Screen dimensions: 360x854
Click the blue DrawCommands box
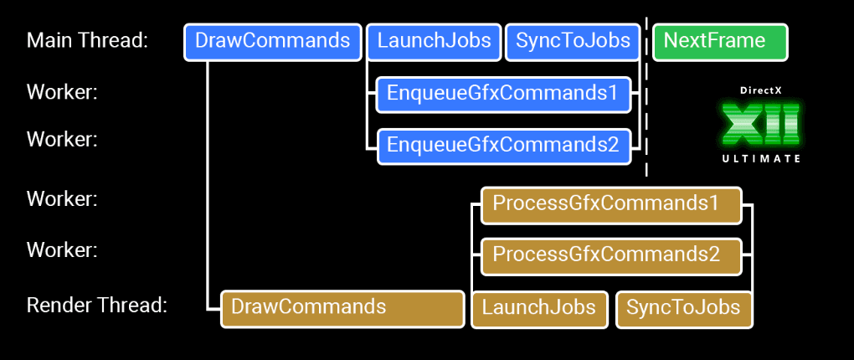[272, 42]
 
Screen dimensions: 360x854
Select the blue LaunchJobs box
[434, 42]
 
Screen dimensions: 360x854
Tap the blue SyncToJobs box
[573, 42]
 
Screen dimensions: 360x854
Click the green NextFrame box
[720, 42]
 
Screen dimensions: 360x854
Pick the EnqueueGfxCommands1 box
[502, 94]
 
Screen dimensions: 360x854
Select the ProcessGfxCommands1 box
[611, 205]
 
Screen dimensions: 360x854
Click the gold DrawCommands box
[342, 308]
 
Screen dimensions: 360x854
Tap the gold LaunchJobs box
[539, 309]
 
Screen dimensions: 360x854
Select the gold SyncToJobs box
[684, 309]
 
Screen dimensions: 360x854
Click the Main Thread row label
[87, 41]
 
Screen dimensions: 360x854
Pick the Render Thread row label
[97, 306]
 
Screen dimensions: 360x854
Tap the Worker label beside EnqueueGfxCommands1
[62, 92]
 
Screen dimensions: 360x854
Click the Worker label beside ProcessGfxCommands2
[62, 249]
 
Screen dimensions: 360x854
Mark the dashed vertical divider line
[646, 126]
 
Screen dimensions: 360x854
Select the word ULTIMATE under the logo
[759, 158]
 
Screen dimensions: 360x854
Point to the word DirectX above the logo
[759, 90]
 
